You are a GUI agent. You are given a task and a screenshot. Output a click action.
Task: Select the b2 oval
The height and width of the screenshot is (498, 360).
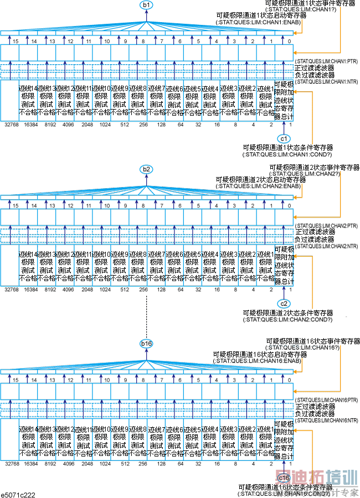click(146, 169)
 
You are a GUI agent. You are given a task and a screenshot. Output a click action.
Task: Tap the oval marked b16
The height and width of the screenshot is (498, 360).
click(146, 344)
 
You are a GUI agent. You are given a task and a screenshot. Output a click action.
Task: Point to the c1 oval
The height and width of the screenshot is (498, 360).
click(284, 138)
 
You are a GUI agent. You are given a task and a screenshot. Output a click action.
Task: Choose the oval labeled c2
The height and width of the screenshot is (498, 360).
click(284, 303)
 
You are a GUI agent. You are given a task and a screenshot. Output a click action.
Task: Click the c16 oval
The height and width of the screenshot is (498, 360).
click(284, 477)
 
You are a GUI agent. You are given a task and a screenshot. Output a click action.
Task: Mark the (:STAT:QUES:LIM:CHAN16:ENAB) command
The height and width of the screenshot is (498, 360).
click(259, 361)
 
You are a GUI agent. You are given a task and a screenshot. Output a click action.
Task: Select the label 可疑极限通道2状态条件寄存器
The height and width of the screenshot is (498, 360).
click(288, 313)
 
